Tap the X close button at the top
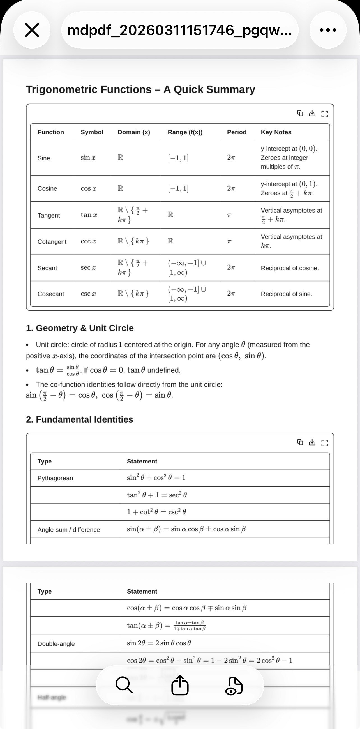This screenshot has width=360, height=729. click(x=32, y=30)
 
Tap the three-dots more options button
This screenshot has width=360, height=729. click(x=328, y=30)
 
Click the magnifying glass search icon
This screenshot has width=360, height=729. click(x=124, y=685)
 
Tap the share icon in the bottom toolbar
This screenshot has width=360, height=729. click(x=180, y=685)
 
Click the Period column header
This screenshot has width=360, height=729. click(x=237, y=132)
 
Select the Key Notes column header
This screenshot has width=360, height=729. click(x=276, y=132)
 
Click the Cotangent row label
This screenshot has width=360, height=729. click(x=52, y=242)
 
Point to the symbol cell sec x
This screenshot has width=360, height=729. click(x=88, y=268)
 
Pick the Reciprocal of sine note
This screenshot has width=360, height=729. click(x=287, y=294)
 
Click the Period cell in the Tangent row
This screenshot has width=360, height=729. click(x=229, y=215)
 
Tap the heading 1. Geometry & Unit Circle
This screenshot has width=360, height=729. click(x=80, y=328)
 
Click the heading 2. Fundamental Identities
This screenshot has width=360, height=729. click(x=80, y=419)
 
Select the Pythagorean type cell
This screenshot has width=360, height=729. click(x=55, y=478)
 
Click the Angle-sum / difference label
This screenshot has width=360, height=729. click(x=69, y=529)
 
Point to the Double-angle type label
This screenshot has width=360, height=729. click(x=56, y=644)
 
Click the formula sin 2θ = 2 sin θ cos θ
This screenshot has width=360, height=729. click(x=159, y=643)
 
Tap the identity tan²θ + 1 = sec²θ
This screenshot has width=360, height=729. click(x=157, y=495)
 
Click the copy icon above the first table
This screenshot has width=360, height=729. click(x=300, y=114)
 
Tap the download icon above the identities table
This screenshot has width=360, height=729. click(x=312, y=442)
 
